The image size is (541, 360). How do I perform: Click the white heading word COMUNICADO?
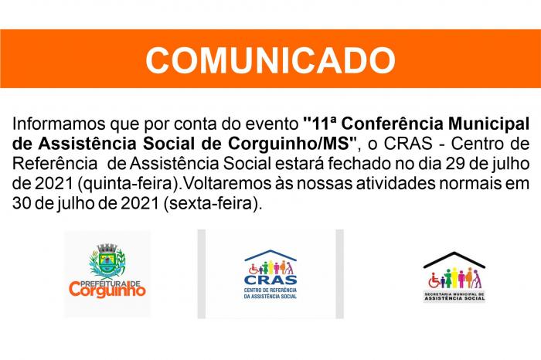point(270,59)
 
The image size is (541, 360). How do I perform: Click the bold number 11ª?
point(319,124)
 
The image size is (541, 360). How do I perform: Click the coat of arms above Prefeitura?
point(107,261)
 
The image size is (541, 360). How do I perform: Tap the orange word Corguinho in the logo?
point(107,290)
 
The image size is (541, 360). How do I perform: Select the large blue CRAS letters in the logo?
point(270,280)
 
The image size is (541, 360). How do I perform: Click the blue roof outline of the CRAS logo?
point(270,255)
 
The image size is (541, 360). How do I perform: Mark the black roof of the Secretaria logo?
point(454,260)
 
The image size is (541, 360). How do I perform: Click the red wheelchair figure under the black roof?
point(434,281)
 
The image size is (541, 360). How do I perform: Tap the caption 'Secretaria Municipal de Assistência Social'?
point(454,297)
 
